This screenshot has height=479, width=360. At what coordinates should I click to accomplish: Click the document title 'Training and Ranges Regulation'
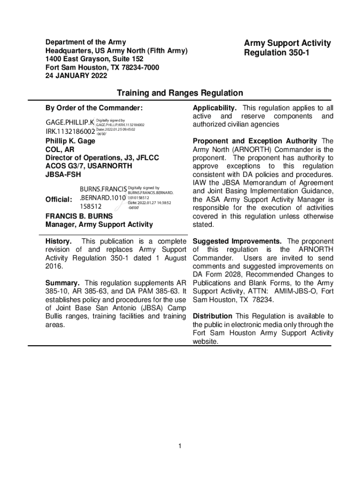[180, 93]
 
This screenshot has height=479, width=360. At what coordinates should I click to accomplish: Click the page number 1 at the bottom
[180, 446]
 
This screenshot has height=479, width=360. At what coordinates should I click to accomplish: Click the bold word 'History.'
[58, 241]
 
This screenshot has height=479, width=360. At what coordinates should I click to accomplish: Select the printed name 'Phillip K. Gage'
[70, 141]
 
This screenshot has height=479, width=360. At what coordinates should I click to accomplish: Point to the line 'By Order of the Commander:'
[94, 109]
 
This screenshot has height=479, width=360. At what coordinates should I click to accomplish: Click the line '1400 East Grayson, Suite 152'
[94, 59]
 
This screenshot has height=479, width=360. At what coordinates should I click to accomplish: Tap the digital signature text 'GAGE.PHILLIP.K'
[70, 123]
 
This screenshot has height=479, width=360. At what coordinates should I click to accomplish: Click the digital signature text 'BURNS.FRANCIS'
[103, 189]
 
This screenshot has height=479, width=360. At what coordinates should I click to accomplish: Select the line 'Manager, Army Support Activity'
[99, 225]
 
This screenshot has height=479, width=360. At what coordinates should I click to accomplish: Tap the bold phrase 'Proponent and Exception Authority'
[255, 141]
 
